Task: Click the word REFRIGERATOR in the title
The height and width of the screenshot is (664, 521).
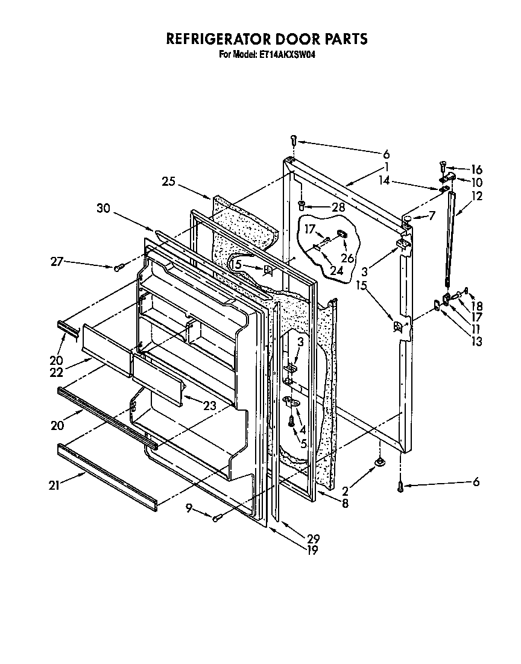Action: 215,40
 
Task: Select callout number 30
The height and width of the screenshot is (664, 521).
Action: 104,208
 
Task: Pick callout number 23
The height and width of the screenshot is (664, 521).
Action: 209,406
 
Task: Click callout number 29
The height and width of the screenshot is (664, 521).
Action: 313,539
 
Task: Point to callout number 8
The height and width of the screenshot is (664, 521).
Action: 345,504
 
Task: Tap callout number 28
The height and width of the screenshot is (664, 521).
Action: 338,207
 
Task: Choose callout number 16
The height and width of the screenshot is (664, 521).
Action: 476,170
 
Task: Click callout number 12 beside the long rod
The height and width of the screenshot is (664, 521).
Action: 478,196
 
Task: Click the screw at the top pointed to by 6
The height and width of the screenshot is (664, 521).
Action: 294,140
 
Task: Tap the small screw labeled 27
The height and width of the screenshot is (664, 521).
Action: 118,267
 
